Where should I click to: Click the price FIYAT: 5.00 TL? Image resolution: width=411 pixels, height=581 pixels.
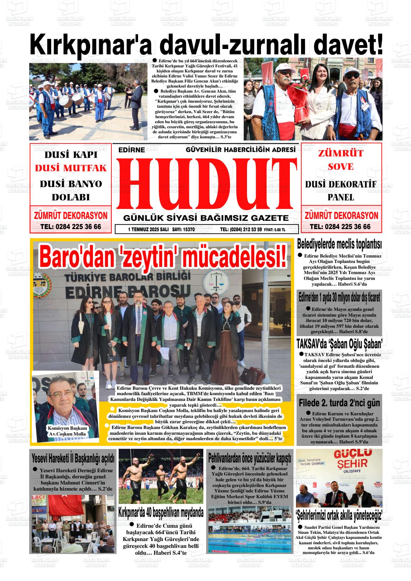275,229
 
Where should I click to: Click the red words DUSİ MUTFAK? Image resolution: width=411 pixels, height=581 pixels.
71,168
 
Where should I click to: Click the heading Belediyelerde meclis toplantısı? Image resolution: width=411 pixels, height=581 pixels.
339,245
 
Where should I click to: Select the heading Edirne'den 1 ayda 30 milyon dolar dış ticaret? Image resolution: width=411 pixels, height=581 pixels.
339,298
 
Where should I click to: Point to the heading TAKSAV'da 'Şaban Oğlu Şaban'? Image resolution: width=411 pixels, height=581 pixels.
339,344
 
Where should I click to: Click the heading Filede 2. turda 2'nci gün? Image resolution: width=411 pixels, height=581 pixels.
339,403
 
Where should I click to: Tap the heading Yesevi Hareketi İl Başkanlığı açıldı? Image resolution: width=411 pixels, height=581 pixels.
73,458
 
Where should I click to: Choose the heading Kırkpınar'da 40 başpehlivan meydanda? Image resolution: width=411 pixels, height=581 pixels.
161,512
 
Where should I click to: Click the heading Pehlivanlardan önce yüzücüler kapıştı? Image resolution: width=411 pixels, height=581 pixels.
249,459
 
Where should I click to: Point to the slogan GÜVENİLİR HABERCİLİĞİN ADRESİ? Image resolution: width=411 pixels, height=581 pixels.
240,149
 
